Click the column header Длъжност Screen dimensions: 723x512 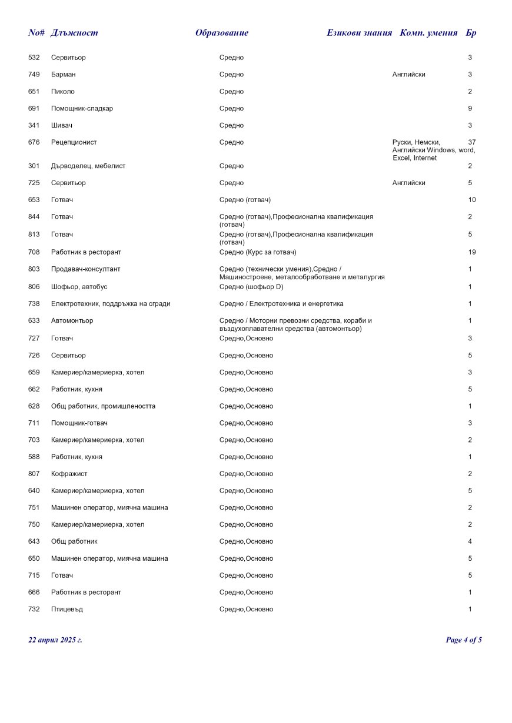74,33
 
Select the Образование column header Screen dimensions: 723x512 222,33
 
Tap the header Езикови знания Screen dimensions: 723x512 359,33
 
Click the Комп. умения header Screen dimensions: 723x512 428,33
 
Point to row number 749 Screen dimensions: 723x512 34,75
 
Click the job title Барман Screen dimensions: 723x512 63,75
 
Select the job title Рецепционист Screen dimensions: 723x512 74,142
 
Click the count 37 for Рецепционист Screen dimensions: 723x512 471,142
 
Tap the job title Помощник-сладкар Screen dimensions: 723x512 82,109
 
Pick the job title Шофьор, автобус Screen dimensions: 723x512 79,287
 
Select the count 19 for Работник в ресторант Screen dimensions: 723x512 471,252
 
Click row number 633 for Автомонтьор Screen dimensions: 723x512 34,321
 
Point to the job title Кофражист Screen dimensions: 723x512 69,474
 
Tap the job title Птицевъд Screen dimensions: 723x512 67,610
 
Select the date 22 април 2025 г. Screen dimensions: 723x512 55,640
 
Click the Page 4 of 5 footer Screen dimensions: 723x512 464,640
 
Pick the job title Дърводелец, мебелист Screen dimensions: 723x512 88,166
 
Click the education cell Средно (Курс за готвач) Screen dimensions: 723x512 258,252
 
